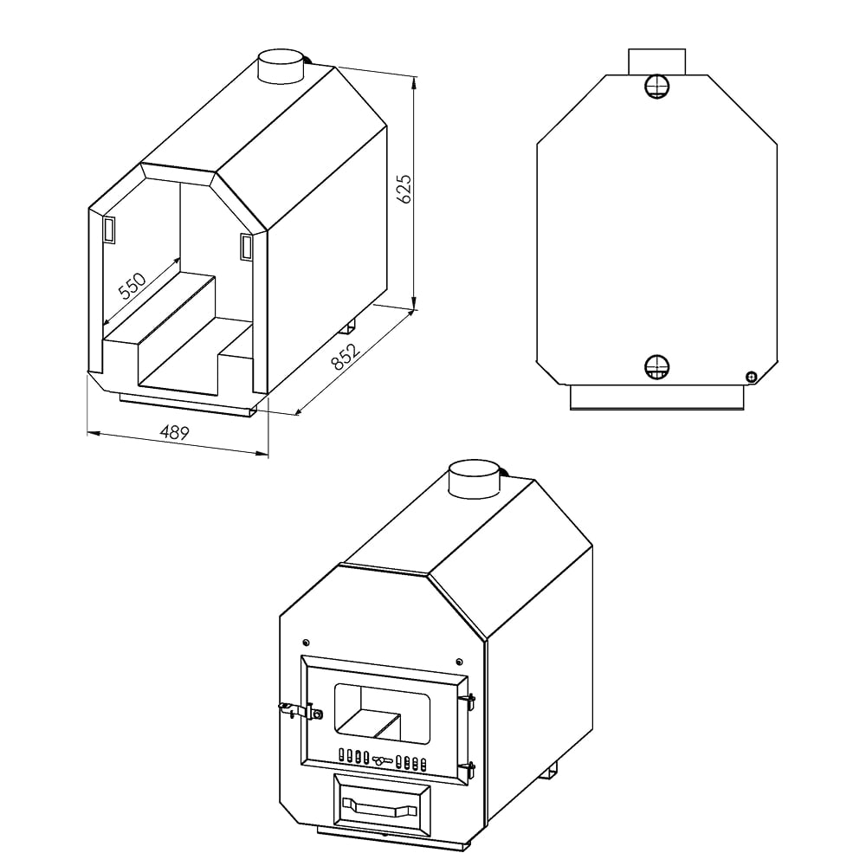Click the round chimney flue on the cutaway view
click(x=282, y=68)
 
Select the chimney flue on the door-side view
click(x=473, y=479)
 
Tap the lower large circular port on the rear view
click(x=657, y=367)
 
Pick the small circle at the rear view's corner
click(x=751, y=375)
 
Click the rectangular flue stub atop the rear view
click(x=657, y=61)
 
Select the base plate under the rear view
click(x=657, y=397)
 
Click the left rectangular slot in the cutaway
click(x=110, y=229)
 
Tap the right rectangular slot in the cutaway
click(x=246, y=247)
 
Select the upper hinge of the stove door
click(x=469, y=698)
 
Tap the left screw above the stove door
click(x=306, y=643)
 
